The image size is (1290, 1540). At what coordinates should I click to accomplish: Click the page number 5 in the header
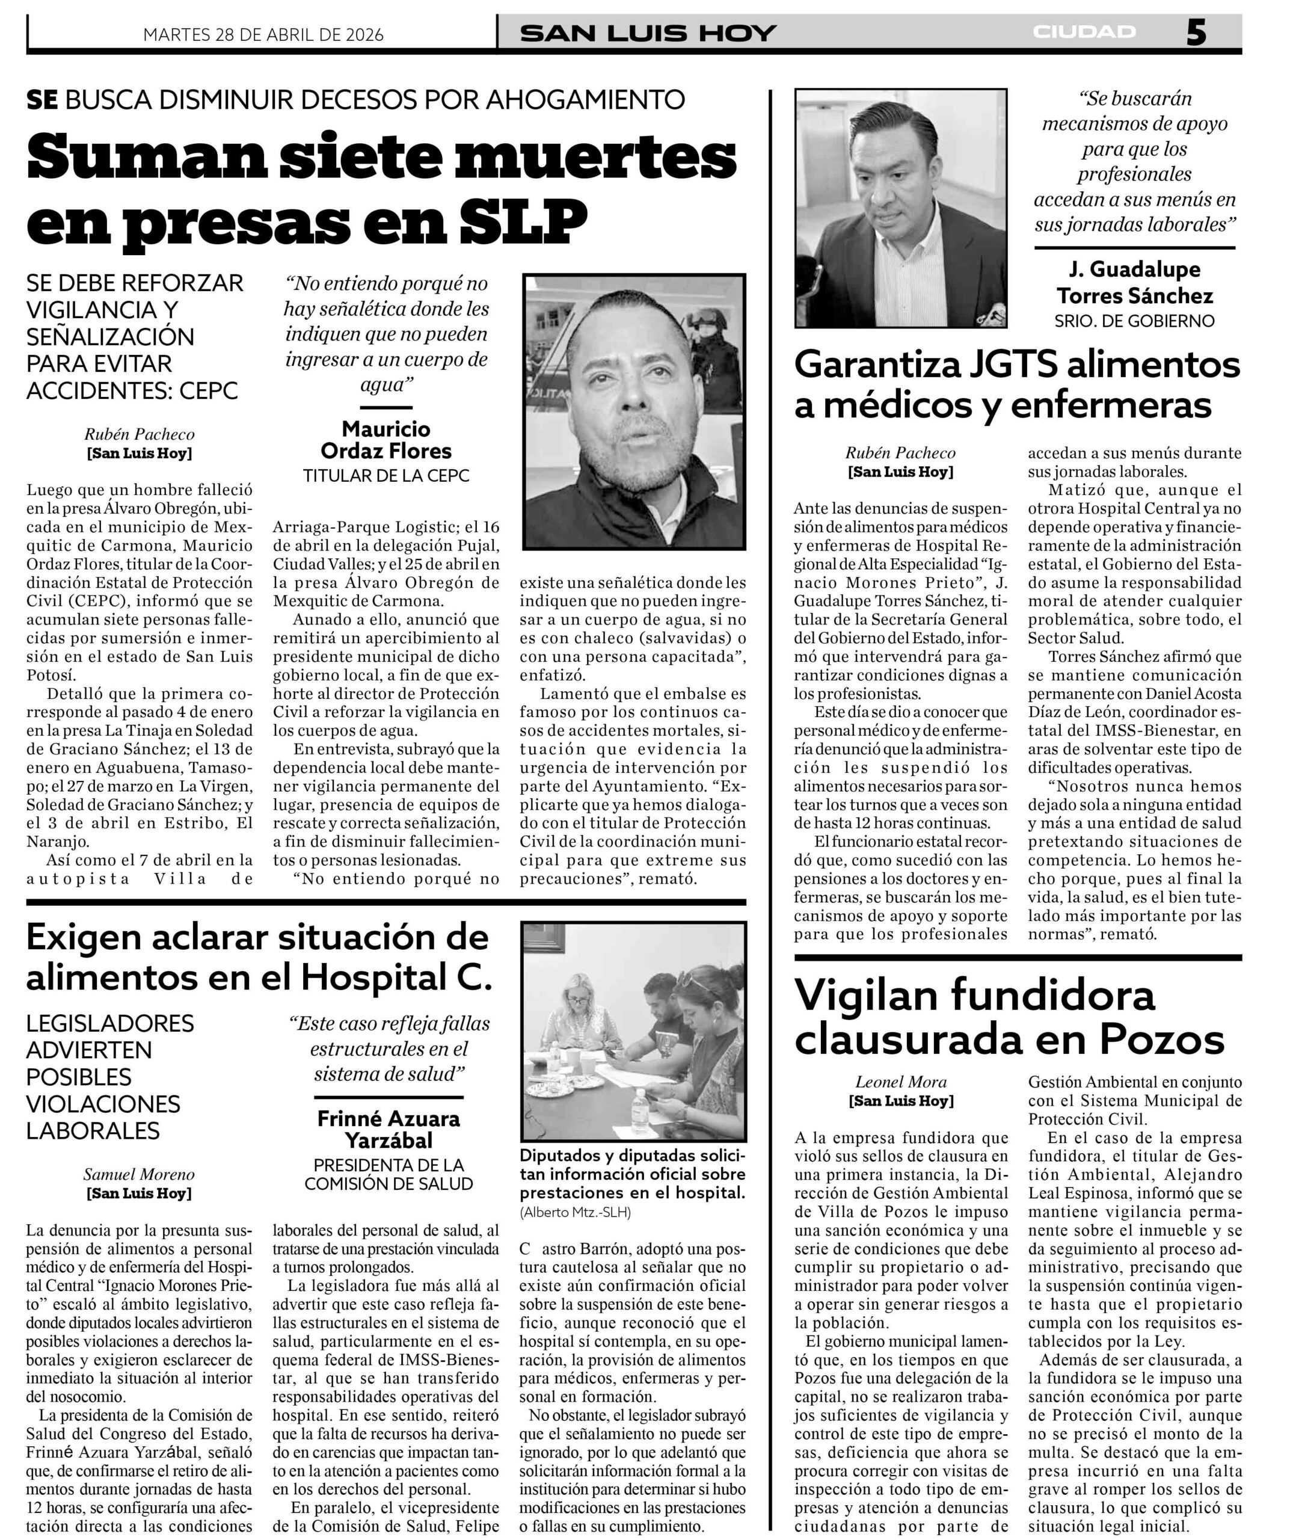tap(1196, 33)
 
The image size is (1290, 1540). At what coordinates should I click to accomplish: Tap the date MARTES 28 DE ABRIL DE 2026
tap(263, 34)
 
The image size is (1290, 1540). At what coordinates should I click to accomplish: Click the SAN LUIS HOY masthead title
tap(648, 33)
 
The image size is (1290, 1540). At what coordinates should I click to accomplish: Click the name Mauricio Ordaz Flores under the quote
tap(385, 439)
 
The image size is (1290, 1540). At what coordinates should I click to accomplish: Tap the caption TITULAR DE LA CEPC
tap(386, 475)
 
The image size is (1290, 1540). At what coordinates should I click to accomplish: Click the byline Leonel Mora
tap(901, 1082)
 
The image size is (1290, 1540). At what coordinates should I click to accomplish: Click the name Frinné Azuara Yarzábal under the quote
tap(389, 1129)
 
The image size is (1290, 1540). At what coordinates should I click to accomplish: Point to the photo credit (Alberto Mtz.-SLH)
tap(576, 1213)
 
